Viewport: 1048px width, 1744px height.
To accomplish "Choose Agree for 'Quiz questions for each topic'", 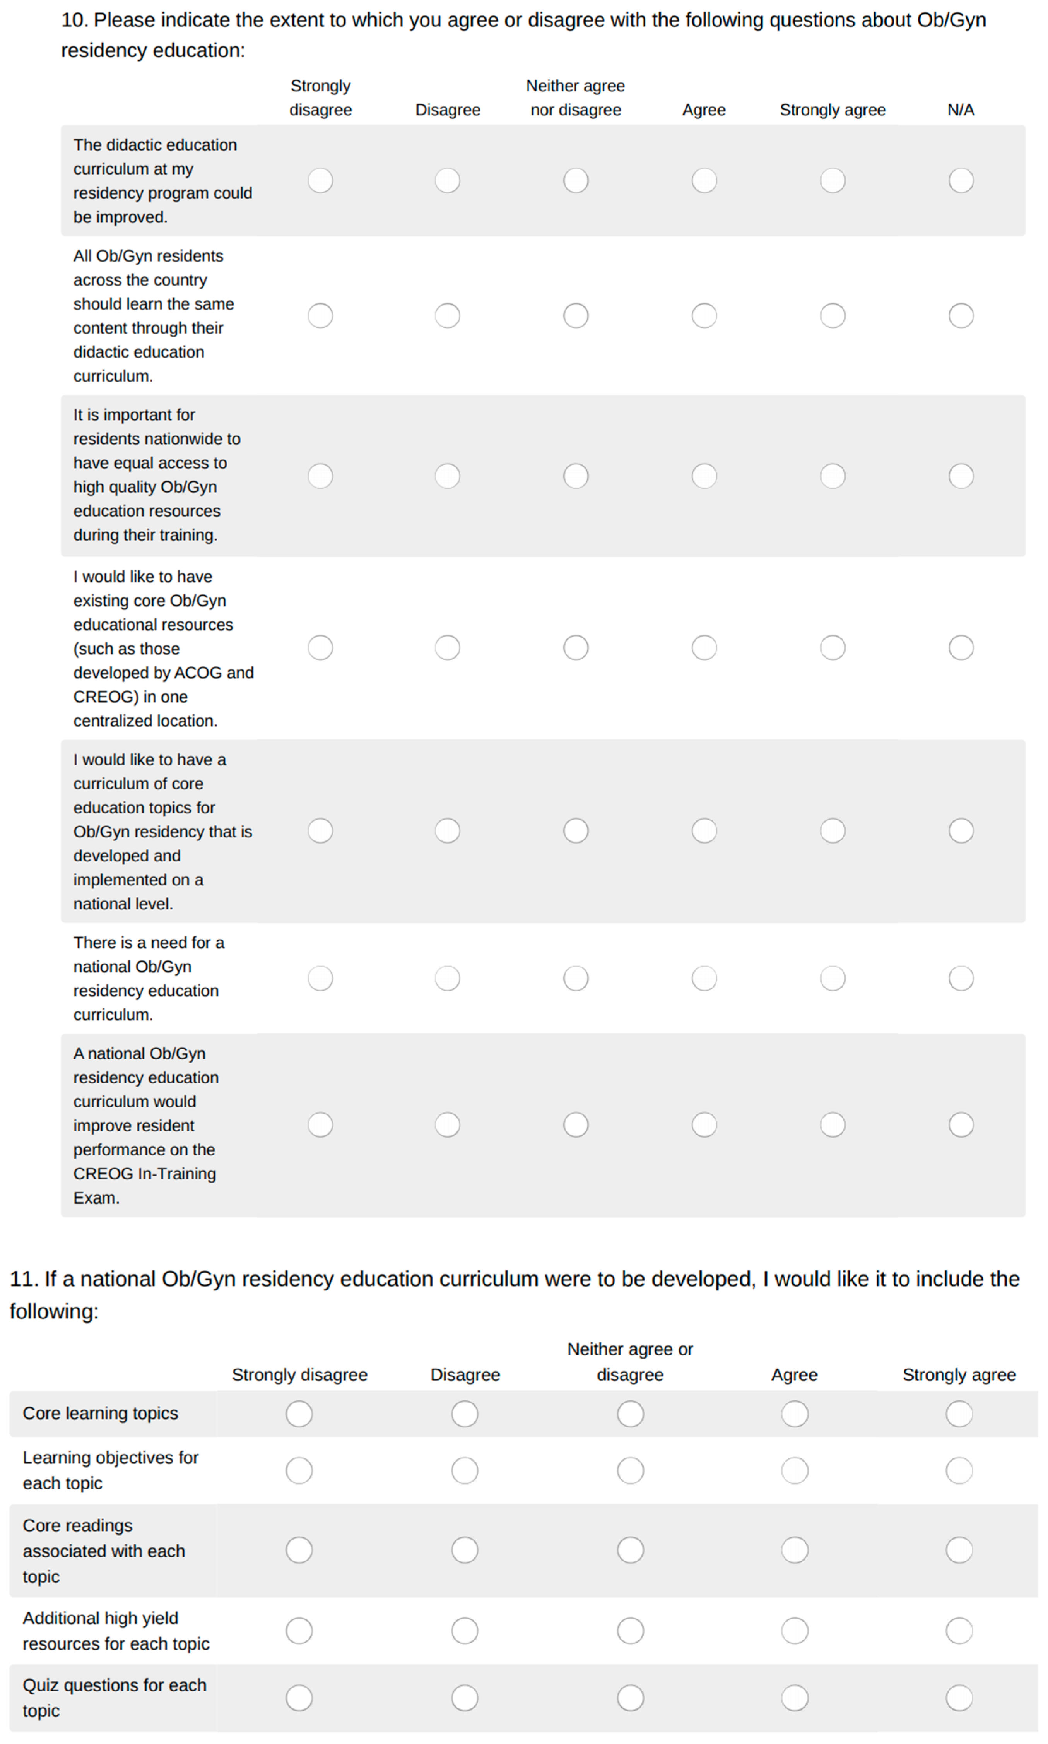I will click(x=795, y=1698).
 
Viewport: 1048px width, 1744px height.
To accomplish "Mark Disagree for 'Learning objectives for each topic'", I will click(x=465, y=1471).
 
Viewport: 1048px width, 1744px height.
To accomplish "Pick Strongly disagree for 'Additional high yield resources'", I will click(x=299, y=1630).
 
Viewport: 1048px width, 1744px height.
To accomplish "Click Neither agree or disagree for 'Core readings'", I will click(x=630, y=1550).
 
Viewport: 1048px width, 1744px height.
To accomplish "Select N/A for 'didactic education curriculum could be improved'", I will click(x=961, y=180).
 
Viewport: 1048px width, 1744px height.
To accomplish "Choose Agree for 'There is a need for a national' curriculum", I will click(x=704, y=978).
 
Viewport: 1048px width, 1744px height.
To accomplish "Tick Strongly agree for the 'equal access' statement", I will click(x=833, y=476).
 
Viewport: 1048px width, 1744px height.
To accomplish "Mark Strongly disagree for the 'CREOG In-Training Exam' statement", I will click(x=320, y=1124).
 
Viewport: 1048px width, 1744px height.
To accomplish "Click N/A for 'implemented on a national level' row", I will click(x=961, y=831).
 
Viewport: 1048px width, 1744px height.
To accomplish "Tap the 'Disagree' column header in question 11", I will click(x=465, y=1374).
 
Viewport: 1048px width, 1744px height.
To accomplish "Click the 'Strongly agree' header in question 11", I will click(x=959, y=1374).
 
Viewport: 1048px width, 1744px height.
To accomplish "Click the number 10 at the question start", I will click(x=74, y=20).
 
